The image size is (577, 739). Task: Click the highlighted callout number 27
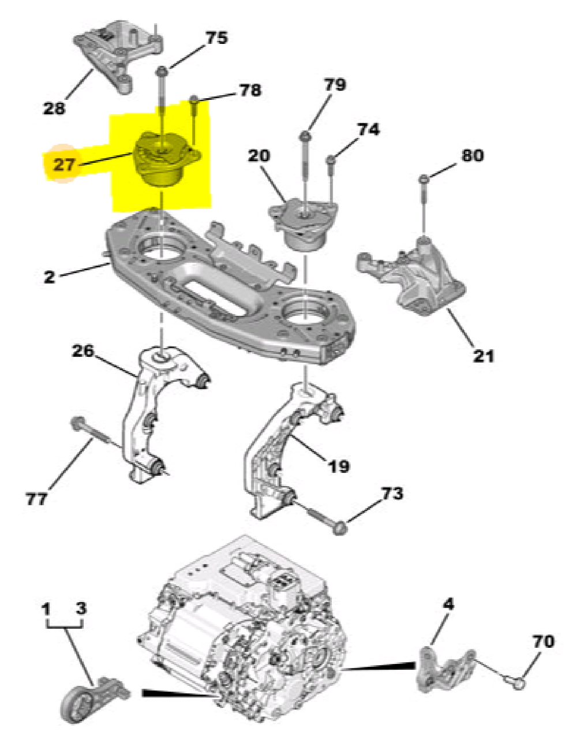pyautogui.click(x=63, y=165)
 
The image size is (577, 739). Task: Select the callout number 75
pyautogui.click(x=216, y=38)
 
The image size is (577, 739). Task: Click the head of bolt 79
pyautogui.click(x=305, y=136)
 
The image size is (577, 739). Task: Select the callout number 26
pyautogui.click(x=83, y=350)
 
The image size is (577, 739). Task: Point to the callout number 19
pyautogui.click(x=338, y=466)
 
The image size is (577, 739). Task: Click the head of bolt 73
pyautogui.click(x=340, y=527)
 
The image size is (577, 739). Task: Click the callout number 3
pyautogui.click(x=81, y=608)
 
